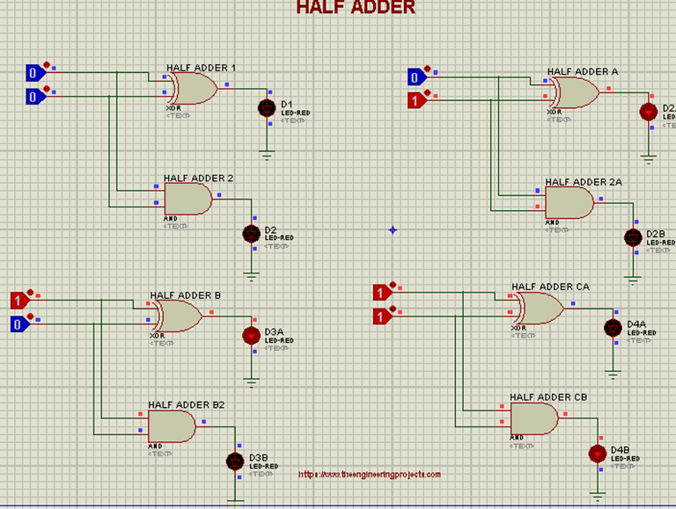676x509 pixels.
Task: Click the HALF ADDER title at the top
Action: [x=356, y=8]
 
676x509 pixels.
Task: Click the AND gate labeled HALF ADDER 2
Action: [x=187, y=200]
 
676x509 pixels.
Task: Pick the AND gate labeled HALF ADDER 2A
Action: [x=569, y=204]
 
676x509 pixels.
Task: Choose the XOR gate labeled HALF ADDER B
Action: [x=179, y=316]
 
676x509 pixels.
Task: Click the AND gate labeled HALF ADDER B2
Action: [x=172, y=426]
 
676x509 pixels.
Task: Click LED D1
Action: [x=268, y=108]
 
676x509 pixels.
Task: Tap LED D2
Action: [x=252, y=234]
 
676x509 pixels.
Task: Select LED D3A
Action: [x=251, y=335]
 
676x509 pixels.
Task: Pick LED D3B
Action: [x=235, y=461]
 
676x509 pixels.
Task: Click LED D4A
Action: [x=614, y=327]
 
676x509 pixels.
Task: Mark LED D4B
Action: [x=598, y=454]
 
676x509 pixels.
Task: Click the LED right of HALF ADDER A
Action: [x=649, y=112]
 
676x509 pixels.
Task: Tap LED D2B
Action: [x=632, y=237]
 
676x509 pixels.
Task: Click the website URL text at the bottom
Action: [x=370, y=475]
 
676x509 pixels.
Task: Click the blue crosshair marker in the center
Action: [x=393, y=230]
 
